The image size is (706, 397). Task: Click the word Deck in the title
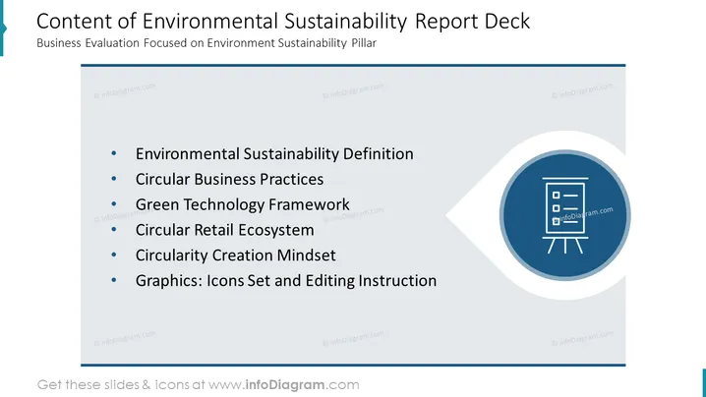click(x=507, y=22)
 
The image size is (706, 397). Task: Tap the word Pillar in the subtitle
click(x=364, y=43)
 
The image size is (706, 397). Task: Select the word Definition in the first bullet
click(x=379, y=154)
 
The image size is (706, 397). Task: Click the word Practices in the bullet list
click(x=291, y=179)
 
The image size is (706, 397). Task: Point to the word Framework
click(x=309, y=204)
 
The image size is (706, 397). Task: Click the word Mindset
click(x=306, y=255)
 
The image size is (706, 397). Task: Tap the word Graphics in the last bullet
click(x=169, y=281)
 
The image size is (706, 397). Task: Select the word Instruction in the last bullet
click(x=397, y=280)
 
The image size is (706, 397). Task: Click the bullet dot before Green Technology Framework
click(x=114, y=204)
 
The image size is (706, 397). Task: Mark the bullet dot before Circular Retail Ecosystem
click(x=114, y=230)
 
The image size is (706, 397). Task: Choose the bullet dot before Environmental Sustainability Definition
click(x=114, y=154)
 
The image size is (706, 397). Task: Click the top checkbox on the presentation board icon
click(x=557, y=196)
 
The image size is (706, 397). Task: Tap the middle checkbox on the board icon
click(x=557, y=208)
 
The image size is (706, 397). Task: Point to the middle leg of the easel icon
click(x=565, y=246)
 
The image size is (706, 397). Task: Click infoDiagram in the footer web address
click(x=284, y=385)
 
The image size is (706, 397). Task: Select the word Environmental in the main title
click(x=209, y=22)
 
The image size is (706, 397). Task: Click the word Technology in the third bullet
click(x=224, y=204)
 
